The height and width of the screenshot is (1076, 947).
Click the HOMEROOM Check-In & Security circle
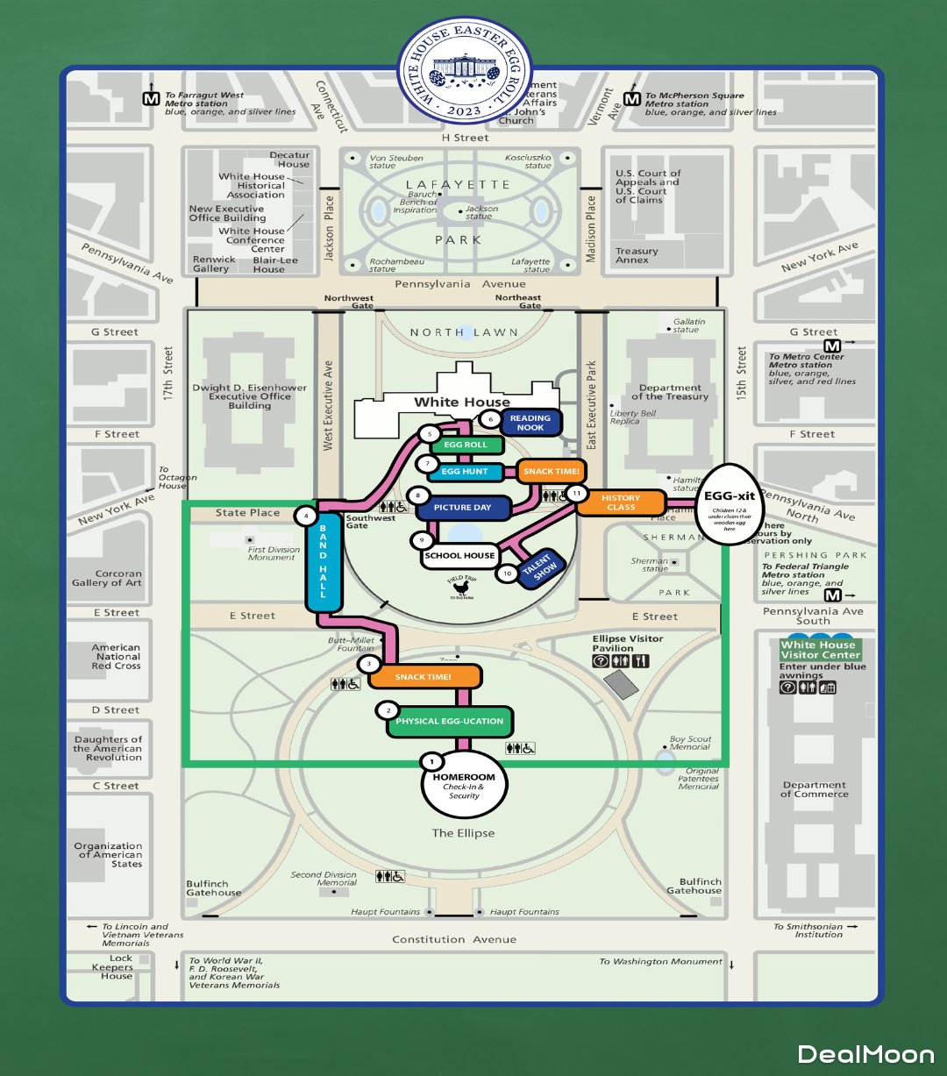coord(464,783)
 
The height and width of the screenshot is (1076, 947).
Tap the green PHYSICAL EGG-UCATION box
coord(450,722)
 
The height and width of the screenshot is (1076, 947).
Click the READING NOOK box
coord(530,423)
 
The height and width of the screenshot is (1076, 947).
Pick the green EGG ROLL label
coord(466,445)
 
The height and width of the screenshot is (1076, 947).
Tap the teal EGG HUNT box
coord(465,473)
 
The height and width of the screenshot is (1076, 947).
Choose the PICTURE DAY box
coord(463,508)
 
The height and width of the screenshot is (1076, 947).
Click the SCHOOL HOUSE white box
coord(459,556)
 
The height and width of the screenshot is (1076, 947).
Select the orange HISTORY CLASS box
coord(621,502)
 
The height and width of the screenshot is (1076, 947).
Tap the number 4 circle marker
coord(306,516)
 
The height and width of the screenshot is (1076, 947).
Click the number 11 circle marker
coord(576,494)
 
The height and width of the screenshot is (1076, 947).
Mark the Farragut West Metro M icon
coord(151,99)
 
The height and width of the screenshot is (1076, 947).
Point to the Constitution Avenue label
coord(454,939)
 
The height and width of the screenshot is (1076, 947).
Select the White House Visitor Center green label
coord(821,650)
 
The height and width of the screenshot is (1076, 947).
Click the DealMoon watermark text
coord(865,1053)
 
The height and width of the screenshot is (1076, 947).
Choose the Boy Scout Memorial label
coord(690,743)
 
